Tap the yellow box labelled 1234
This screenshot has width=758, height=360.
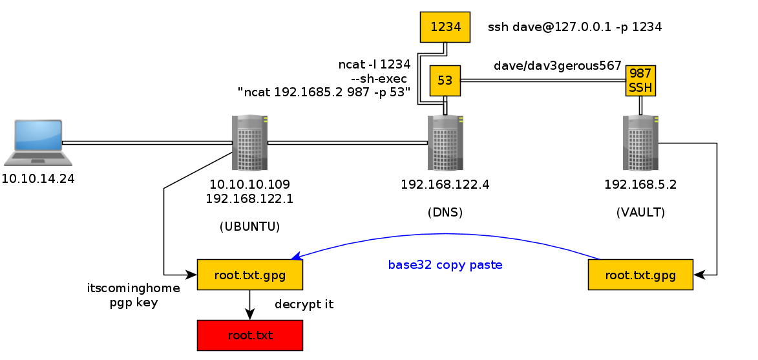click(445, 26)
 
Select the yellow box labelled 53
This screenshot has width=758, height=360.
click(445, 79)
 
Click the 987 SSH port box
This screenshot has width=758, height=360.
click(640, 80)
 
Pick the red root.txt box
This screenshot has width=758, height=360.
click(249, 335)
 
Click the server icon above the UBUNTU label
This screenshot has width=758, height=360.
click(249, 142)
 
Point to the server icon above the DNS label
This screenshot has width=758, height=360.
click(445, 142)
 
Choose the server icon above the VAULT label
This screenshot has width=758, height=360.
click(640, 142)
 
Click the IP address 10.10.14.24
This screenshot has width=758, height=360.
click(38, 178)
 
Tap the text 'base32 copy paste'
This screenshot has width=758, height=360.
click(445, 265)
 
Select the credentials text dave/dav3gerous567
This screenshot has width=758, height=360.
click(557, 66)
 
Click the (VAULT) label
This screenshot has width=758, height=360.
click(640, 211)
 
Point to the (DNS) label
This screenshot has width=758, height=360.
click(445, 211)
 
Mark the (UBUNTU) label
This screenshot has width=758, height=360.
click(249, 226)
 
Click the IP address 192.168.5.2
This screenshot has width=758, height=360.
click(640, 184)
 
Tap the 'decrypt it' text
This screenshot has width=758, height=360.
click(304, 304)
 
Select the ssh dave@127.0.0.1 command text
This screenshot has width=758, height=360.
click(575, 27)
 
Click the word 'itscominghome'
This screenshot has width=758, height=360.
click(134, 288)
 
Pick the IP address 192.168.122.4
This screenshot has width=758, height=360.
click(445, 184)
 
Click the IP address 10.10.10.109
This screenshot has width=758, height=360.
click(249, 184)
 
